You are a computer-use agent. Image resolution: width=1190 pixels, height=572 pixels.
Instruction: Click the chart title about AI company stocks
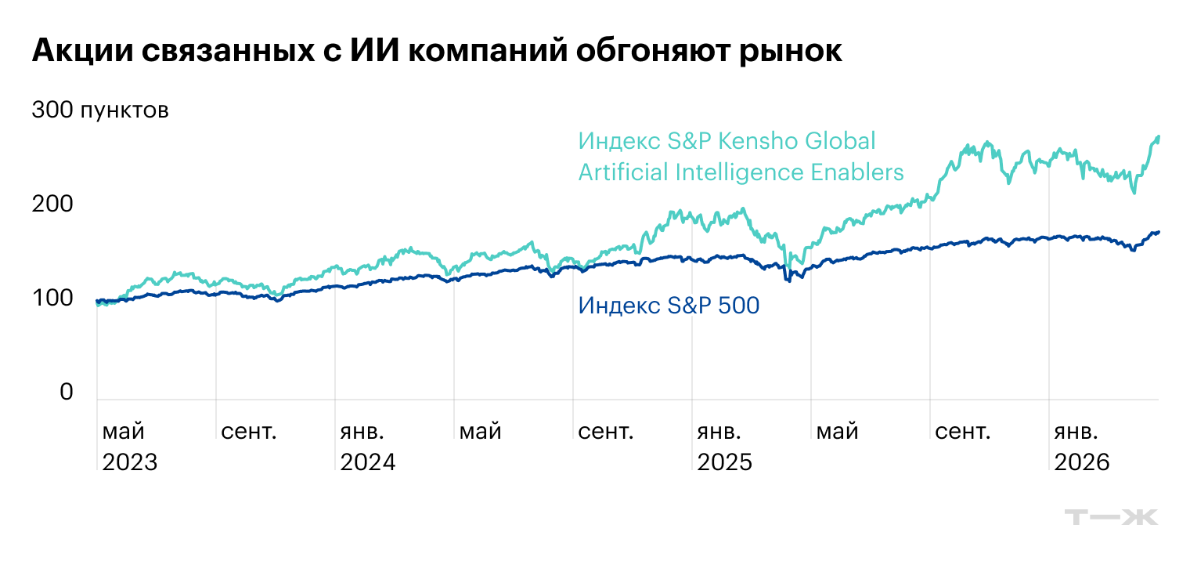tap(437, 51)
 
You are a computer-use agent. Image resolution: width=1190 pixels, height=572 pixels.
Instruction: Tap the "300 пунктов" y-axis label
tap(100, 110)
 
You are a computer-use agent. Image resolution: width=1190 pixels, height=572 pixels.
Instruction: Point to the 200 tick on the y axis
tap(52, 205)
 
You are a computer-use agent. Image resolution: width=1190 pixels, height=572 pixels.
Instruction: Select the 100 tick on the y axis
tap(52, 299)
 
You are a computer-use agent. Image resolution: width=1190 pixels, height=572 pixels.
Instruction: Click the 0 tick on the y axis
tap(66, 393)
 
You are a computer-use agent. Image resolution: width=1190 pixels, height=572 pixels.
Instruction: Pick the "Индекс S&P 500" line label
tap(669, 306)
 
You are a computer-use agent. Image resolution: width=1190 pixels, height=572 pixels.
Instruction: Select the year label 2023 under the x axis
tap(130, 462)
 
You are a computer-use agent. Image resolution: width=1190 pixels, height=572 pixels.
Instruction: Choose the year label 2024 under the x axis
tap(368, 462)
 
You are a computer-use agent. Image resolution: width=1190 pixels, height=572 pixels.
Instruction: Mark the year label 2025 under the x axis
tap(724, 462)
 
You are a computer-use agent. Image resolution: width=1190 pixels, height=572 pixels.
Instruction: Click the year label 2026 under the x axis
tap(1082, 462)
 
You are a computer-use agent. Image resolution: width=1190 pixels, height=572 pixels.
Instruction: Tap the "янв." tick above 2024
tap(362, 432)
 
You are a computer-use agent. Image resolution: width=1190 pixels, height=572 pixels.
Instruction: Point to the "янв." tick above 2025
tap(719, 432)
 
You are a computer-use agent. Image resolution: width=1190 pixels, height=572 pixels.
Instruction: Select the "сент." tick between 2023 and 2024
tap(249, 432)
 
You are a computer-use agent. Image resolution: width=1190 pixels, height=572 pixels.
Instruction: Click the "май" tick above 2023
tap(124, 433)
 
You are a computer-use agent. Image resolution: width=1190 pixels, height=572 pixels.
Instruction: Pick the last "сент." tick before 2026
tap(963, 432)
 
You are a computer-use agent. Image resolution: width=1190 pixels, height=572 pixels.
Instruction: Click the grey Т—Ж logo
tap(1111, 517)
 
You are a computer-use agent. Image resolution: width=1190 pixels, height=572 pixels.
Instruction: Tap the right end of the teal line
tap(1158, 137)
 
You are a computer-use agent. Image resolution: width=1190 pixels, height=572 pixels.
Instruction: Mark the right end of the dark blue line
tap(1158, 232)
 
